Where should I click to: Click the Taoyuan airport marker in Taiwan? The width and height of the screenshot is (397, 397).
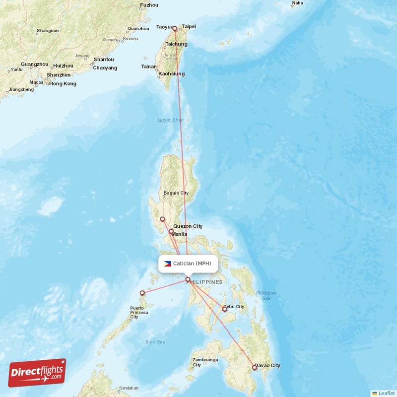coord(175,29)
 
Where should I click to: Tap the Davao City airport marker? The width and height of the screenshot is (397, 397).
coord(255,368)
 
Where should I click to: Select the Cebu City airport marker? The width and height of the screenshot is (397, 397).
coord(224,309)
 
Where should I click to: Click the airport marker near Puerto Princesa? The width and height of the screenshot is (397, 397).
coord(142,293)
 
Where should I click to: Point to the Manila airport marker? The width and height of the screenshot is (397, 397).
coord(171,231)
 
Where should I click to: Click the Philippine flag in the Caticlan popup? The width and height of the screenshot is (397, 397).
coord(168,264)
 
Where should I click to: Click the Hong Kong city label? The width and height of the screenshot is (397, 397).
coord(63,84)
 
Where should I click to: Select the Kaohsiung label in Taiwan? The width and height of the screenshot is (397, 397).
coord(172,74)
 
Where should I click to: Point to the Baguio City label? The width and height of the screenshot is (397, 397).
coord(176,193)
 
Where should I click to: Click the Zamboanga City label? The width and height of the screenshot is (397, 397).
coord(204,362)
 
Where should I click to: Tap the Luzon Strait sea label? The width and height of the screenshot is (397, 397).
coord(171,120)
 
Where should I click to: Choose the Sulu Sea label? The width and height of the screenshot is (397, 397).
coord(155,342)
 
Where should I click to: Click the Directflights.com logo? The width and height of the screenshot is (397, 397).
coord(37,373)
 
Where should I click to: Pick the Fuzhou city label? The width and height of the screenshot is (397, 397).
coord(149,5)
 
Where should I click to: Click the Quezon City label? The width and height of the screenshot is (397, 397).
coord(188,226)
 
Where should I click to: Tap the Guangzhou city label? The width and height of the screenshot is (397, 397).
coord(35,65)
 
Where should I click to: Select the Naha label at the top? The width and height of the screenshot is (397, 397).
coord(297,3)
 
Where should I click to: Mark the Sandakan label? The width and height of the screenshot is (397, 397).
coord(129,388)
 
